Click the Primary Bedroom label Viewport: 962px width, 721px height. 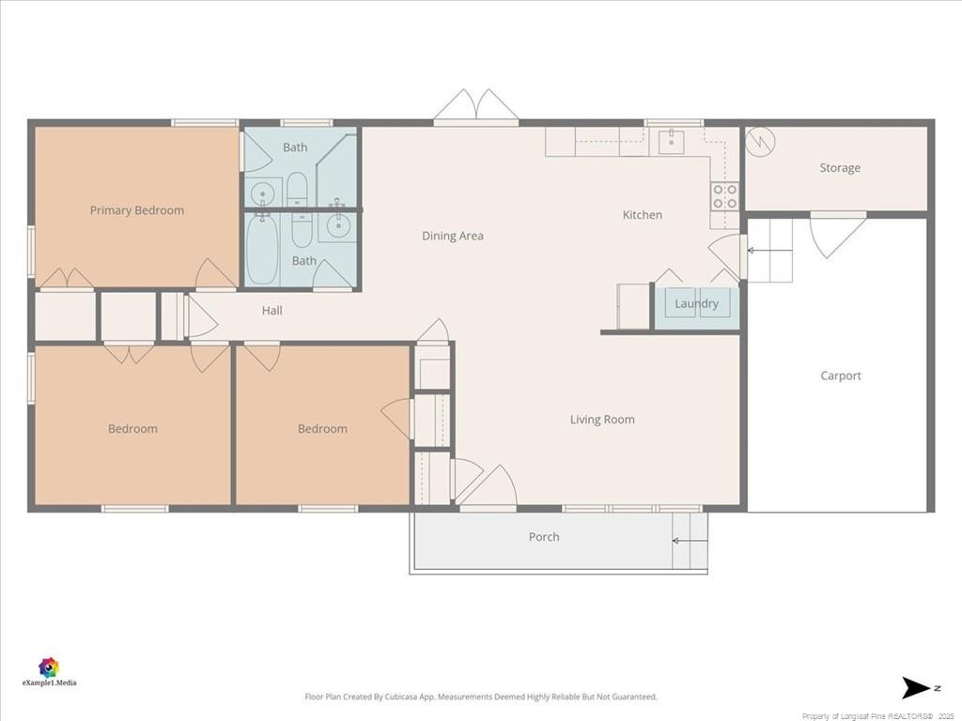pos(137,210)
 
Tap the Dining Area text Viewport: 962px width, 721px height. pos(452,236)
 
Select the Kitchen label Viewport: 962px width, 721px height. pos(643,215)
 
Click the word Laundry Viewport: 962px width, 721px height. pos(696,303)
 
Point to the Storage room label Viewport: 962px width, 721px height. pos(839,168)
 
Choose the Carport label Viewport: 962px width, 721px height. pos(840,376)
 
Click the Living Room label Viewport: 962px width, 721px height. pos(602,420)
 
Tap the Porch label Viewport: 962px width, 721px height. pos(544,537)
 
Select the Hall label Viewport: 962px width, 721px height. pos(272,311)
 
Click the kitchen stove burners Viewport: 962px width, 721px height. pos(724,196)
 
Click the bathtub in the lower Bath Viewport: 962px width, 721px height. pos(262,251)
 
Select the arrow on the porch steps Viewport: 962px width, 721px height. pos(686,541)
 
